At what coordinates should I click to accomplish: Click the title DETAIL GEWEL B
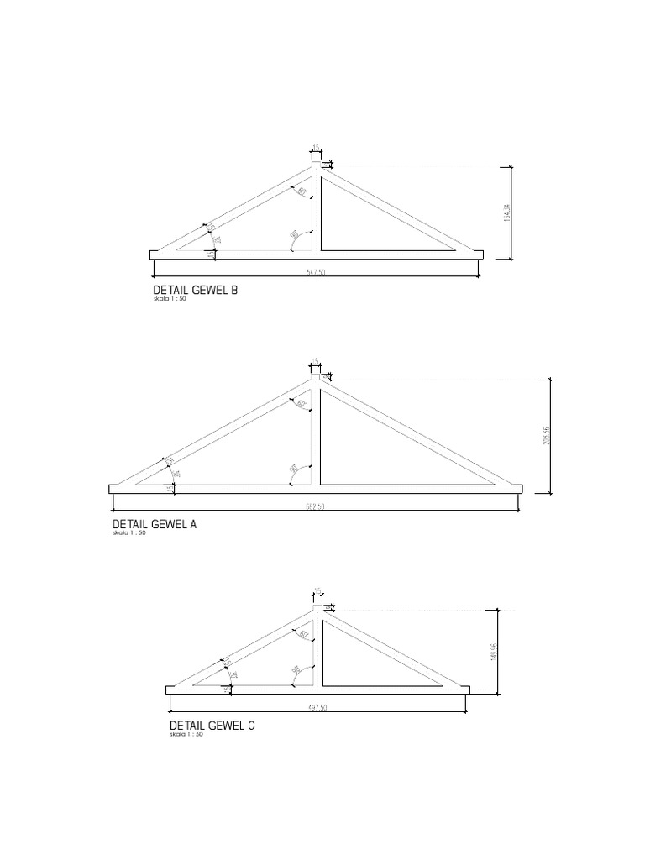pos(191,291)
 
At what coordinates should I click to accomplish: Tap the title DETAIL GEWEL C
pos(212,726)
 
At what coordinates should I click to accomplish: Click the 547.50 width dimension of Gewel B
pos(317,272)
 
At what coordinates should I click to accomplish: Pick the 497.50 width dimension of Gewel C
pos(317,708)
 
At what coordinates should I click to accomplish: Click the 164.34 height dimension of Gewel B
pos(507,214)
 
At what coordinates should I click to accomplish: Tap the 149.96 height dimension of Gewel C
pos(495,652)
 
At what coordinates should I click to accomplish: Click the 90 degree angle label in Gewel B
pos(294,236)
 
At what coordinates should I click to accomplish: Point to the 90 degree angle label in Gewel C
pos(296,670)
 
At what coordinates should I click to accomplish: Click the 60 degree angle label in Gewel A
pos(300,404)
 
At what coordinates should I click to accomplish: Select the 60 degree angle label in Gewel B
pos(300,191)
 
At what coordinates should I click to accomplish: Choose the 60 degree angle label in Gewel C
pos(301,633)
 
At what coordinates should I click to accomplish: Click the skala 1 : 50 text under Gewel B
pos(170,300)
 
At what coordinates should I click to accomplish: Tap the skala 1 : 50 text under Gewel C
pos(186,735)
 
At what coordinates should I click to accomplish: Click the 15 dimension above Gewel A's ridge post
pos(316,360)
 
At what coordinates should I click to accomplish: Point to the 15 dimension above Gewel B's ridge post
pos(316,147)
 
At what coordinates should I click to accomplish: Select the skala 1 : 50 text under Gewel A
pos(129,533)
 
